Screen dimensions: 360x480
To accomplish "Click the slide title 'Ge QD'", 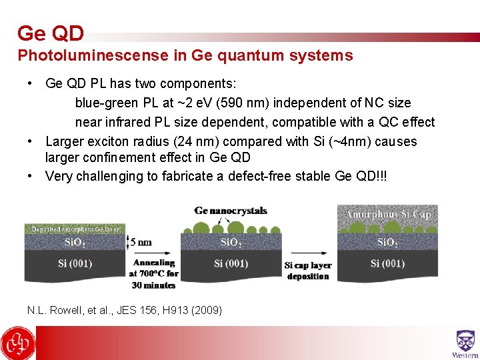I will (x=51, y=33).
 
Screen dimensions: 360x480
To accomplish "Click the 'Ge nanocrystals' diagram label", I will (x=231, y=211).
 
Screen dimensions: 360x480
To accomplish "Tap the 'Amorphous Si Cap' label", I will (x=389, y=214).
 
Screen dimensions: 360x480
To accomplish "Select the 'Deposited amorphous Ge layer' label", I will (x=75, y=229).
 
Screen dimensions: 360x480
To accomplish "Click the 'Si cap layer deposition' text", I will (x=308, y=271).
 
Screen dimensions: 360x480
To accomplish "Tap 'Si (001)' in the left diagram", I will (x=75, y=263).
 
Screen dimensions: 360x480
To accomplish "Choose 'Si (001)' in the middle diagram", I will (x=231, y=263).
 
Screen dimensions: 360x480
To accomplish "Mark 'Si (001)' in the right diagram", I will (x=388, y=263).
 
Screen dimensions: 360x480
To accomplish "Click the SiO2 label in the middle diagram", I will (x=231, y=242).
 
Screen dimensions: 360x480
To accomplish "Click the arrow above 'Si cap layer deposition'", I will (x=308, y=253).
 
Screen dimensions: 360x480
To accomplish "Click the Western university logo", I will (x=465, y=343).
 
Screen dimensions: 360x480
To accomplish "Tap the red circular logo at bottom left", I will (x=18, y=343).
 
